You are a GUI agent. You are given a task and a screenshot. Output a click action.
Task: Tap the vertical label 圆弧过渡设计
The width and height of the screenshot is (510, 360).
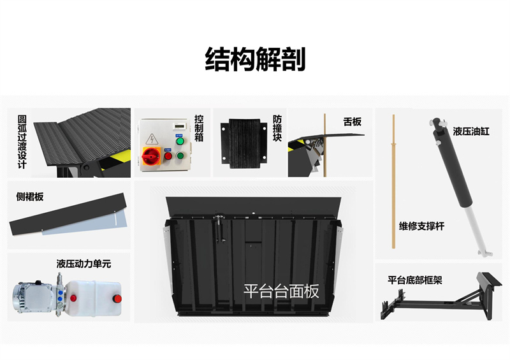click(x=22, y=141)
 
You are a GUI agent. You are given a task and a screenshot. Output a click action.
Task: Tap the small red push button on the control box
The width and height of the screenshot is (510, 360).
click(x=168, y=155)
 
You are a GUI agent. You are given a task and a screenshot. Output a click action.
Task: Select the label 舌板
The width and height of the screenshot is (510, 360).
click(x=353, y=121)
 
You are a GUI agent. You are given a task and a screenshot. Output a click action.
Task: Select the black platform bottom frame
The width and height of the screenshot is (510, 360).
click(x=440, y=299)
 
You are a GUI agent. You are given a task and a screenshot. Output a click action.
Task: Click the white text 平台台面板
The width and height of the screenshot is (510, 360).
click(x=280, y=291)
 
